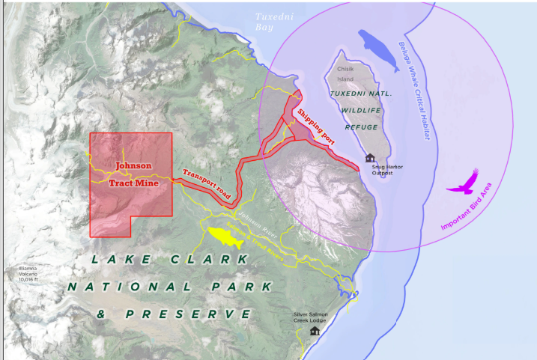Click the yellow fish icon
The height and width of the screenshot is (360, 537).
(227, 238)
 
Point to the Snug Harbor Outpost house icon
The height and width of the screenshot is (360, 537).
(369, 158)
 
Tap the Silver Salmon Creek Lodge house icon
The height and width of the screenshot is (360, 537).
(315, 330)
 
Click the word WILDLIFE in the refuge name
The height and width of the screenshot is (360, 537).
(357, 111)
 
